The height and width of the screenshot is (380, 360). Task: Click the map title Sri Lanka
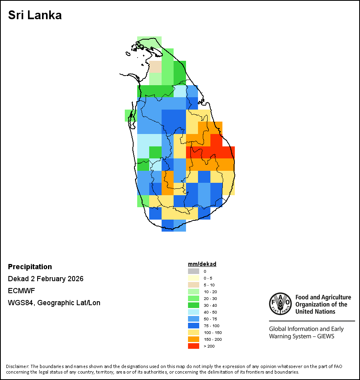click(x=35, y=15)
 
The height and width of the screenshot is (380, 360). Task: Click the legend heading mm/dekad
click(x=202, y=264)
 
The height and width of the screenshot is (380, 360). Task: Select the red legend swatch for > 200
click(x=194, y=346)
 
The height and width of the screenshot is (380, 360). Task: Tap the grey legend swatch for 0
click(x=194, y=271)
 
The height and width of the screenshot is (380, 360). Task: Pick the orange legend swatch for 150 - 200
click(x=194, y=339)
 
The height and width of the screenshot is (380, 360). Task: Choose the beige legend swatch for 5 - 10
click(x=194, y=285)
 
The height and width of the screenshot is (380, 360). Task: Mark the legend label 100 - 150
click(x=212, y=332)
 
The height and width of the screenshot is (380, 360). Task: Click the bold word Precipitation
click(x=30, y=267)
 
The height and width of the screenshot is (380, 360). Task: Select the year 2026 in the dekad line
click(x=75, y=279)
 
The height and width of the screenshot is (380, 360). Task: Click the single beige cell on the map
click(x=155, y=66)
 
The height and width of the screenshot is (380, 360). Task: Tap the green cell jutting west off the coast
click(x=130, y=115)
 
